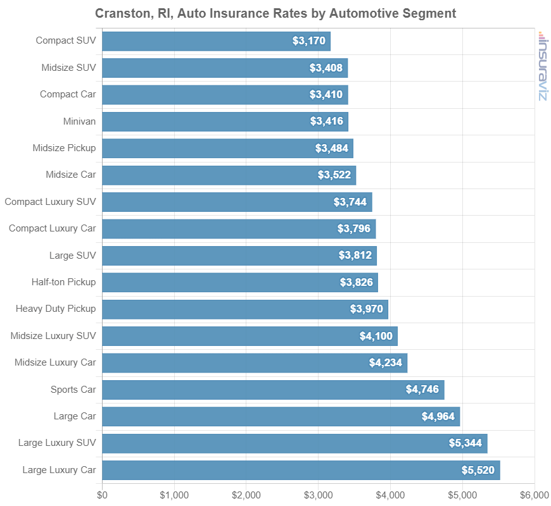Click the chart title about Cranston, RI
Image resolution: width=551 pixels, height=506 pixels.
pos(275,13)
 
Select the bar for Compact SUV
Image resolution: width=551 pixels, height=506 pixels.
pos(216,41)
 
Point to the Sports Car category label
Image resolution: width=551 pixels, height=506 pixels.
pos(73,389)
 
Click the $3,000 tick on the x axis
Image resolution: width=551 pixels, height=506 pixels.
pos(318,494)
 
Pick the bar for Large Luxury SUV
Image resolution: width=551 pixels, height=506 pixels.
pos(294,443)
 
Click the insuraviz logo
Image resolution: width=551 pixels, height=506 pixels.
pos(542,66)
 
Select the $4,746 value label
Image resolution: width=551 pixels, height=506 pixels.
pos(422,390)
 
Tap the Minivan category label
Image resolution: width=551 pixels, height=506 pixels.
pos(80,121)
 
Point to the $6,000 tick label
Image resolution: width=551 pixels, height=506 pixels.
pos(534,494)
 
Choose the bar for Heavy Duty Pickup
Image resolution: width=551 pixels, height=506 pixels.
pos(244,309)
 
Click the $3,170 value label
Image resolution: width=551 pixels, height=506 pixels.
pos(309,41)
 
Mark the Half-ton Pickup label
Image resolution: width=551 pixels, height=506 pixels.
pos(64,282)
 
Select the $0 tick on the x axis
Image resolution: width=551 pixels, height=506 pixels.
pos(102,494)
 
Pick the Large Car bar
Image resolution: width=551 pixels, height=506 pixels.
pos(281,416)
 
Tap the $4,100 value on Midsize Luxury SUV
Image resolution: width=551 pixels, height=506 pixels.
pos(376,336)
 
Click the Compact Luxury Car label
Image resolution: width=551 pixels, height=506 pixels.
pos(53,228)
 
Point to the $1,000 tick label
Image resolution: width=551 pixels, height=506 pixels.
pos(174,494)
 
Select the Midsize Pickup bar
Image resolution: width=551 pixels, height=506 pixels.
pos(227,148)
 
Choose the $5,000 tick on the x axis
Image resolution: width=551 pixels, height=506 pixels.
pos(462,494)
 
